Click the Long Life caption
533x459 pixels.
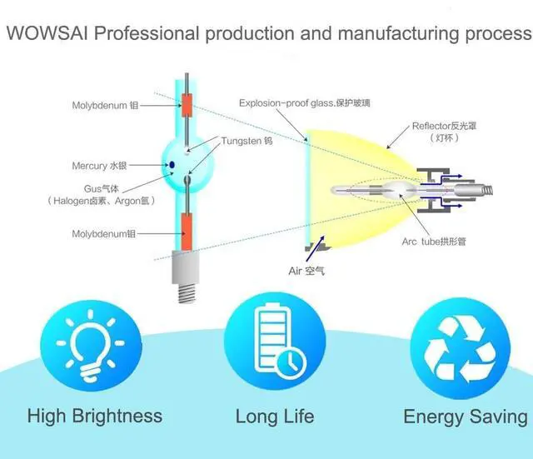[x=275, y=416]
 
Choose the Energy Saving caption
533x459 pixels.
[x=466, y=416]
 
